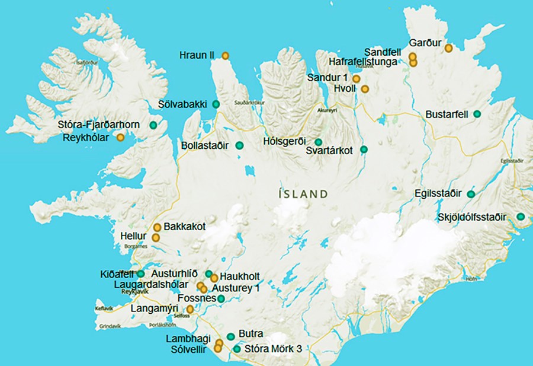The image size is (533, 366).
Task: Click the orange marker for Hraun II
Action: (x=225, y=56)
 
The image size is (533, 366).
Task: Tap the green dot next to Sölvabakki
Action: (x=216, y=104)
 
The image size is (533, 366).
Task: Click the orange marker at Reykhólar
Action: (x=121, y=138)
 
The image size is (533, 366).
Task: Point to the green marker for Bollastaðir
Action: (x=239, y=145)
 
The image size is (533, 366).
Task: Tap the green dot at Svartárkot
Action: (x=364, y=149)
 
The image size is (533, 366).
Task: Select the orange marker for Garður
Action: (x=448, y=48)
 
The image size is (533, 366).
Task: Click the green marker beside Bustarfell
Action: (x=477, y=113)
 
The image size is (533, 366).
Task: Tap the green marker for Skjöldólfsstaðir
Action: (x=521, y=217)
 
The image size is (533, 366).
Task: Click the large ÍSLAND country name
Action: (x=303, y=193)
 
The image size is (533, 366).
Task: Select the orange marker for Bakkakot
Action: (x=158, y=227)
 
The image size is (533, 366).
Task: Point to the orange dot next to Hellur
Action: (x=156, y=237)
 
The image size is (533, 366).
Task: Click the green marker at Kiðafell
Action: (x=141, y=273)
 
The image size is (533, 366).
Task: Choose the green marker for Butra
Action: (x=230, y=337)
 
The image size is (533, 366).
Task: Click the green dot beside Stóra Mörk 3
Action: (x=237, y=349)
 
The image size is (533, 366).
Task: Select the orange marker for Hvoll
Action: (x=365, y=89)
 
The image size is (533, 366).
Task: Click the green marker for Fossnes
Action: (x=221, y=298)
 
